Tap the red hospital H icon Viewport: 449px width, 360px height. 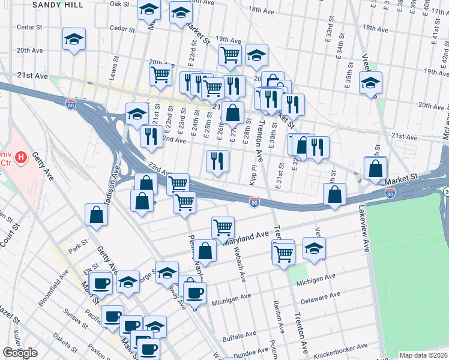[x=21, y=158]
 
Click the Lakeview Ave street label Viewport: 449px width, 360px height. [x=363, y=228]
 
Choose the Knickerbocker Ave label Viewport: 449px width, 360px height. [x=340, y=349]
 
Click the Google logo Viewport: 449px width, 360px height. [x=20, y=353]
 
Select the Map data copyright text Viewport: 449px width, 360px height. [x=423, y=355]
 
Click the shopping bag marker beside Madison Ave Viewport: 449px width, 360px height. [x=97, y=215]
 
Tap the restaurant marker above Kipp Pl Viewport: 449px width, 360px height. [x=217, y=161]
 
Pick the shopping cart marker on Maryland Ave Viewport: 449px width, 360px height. [x=223, y=227]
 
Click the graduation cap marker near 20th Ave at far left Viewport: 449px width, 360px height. [x=74, y=40]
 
